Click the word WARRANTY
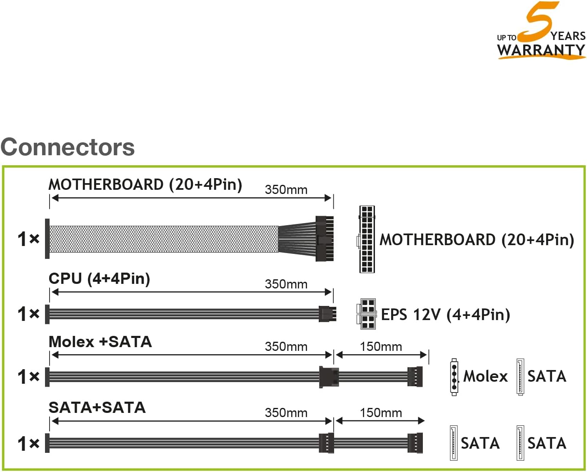(541, 50)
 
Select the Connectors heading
(67, 147)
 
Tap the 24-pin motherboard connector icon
(367, 239)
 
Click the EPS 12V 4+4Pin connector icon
(366, 314)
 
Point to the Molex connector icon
(454, 377)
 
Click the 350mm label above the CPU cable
(286, 284)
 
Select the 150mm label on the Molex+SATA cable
(381, 347)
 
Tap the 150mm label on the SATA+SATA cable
(381, 413)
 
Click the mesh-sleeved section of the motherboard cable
(164, 239)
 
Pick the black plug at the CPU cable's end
(327, 314)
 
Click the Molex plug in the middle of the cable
(329, 377)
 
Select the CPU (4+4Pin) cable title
(99, 279)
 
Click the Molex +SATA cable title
(100, 342)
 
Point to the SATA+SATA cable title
(97, 407)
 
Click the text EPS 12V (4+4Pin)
(445, 315)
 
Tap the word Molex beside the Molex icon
(485, 376)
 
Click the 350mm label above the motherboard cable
(286, 190)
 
